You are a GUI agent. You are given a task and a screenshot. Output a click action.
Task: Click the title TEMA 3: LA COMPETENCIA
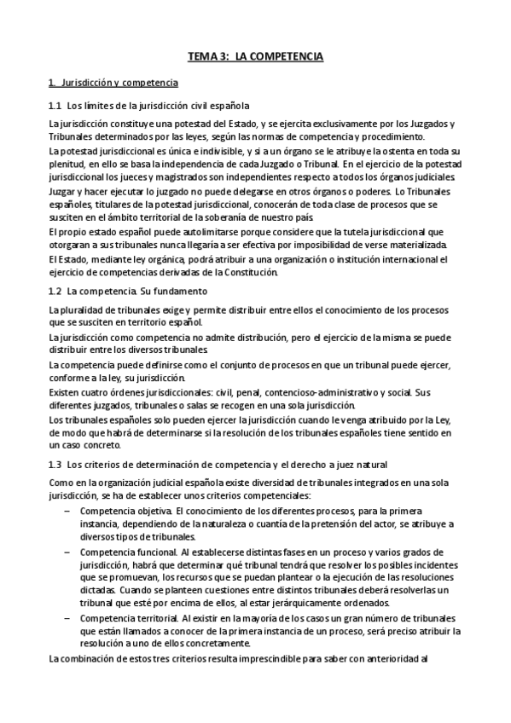(255, 58)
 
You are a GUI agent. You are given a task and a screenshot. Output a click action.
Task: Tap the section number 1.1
(55, 106)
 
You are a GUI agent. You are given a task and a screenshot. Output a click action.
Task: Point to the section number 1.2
(55, 292)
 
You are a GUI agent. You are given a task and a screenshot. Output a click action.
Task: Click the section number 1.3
(55, 464)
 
